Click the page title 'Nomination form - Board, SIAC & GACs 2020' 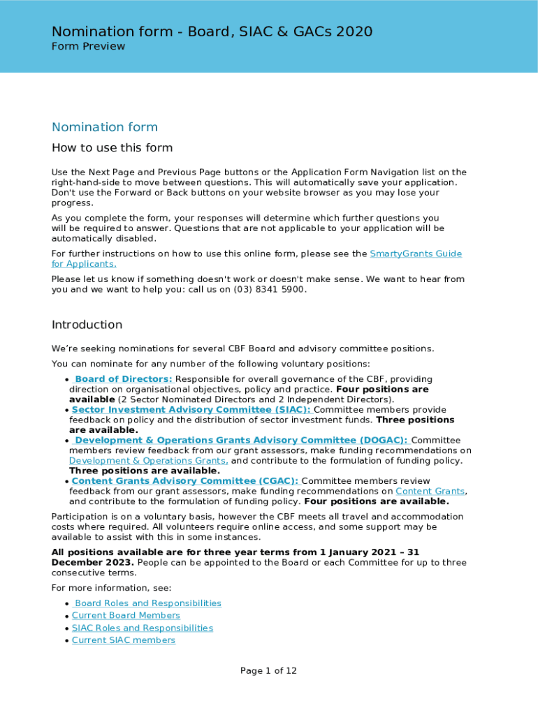212,31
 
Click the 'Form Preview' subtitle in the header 88,47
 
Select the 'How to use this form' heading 112,148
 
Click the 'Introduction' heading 87,325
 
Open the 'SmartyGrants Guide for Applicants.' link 415,254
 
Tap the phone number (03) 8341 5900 270,289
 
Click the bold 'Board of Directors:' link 123,379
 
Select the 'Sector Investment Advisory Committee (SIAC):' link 191,410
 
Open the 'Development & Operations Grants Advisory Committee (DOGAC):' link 241,441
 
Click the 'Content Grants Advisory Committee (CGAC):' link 184,481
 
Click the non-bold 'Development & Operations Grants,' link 148,461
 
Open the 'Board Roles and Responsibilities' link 147,603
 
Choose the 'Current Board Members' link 126,616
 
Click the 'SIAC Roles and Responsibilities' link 142,628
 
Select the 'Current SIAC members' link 123,640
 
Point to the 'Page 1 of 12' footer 268,671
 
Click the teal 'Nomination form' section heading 105,127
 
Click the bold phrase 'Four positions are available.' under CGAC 376,501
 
